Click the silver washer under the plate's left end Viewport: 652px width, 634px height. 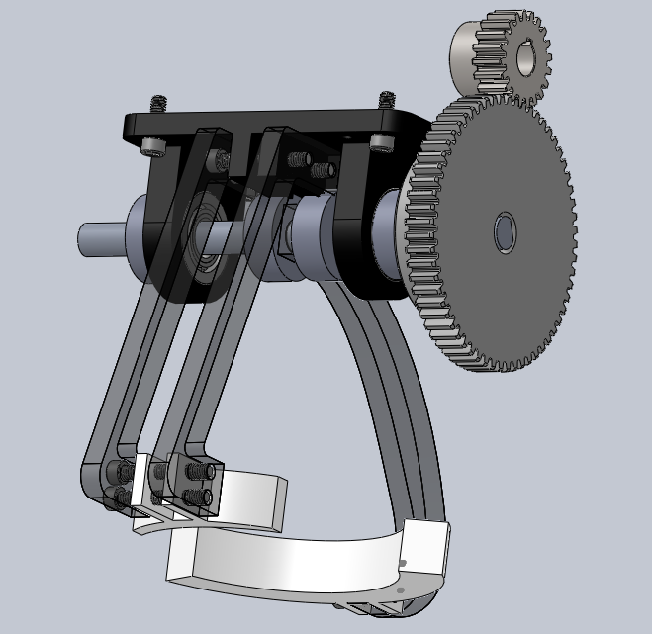pyautogui.click(x=151, y=146)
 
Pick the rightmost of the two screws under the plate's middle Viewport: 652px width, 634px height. pyautogui.click(x=319, y=169)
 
